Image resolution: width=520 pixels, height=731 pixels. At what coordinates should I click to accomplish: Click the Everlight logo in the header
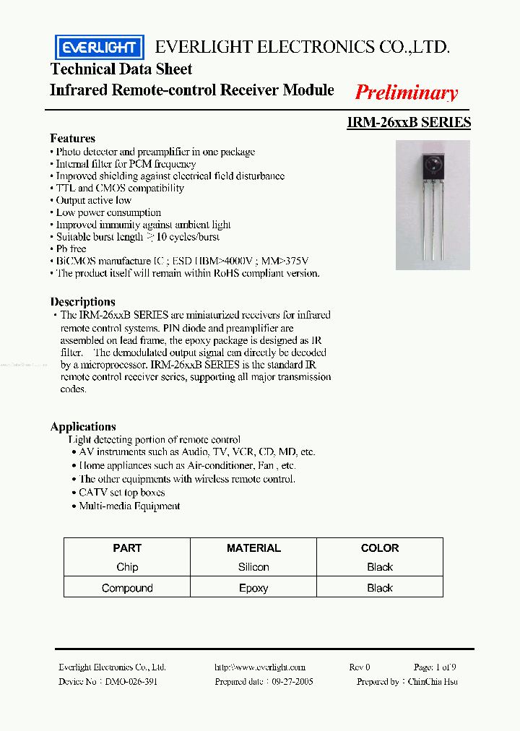(100, 48)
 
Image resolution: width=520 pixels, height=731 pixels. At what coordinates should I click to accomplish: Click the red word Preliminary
(406, 92)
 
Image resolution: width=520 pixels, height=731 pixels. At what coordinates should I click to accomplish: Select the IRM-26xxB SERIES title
(409, 122)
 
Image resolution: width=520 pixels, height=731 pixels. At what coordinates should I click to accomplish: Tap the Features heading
(72, 138)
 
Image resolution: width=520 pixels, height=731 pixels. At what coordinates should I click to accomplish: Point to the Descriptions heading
(82, 301)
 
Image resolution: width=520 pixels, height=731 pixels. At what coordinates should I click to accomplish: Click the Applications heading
(83, 426)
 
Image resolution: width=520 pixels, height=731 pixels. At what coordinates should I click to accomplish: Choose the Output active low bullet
(93, 200)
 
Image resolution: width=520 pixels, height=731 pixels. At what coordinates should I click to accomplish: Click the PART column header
(127, 548)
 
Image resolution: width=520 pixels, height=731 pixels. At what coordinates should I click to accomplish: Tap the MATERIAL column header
(253, 548)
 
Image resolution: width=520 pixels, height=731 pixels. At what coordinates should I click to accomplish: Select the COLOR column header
(380, 548)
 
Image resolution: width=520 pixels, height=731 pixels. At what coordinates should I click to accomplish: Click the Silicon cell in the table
(253, 567)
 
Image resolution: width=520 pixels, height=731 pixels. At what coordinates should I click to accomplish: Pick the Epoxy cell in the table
(253, 588)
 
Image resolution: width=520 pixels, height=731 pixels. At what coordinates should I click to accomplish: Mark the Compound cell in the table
(127, 588)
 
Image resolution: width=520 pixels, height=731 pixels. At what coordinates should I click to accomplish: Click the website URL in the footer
(260, 667)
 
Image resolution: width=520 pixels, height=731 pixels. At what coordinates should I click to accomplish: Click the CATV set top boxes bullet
(121, 493)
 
